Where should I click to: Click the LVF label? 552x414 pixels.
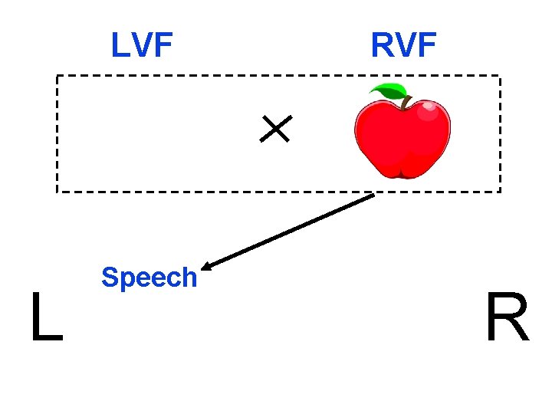pos(142,45)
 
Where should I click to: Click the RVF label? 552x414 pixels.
pos(403,45)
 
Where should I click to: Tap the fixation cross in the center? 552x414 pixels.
pos(274,129)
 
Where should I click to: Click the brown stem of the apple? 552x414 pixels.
pos(402,98)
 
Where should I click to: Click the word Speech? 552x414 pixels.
pos(149,277)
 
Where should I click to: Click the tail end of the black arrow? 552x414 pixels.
pos(373,195)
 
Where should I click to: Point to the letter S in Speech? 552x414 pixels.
pos(109,277)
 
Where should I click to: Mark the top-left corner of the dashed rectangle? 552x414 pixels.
pos(57,76)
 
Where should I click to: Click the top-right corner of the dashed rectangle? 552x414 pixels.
pos(500,76)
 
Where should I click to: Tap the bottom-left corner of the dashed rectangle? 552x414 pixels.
pos(57,191)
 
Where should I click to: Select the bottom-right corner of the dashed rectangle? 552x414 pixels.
pos(500,191)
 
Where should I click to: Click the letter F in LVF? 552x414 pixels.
pos(163,45)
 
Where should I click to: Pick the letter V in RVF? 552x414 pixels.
pos(404,45)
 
